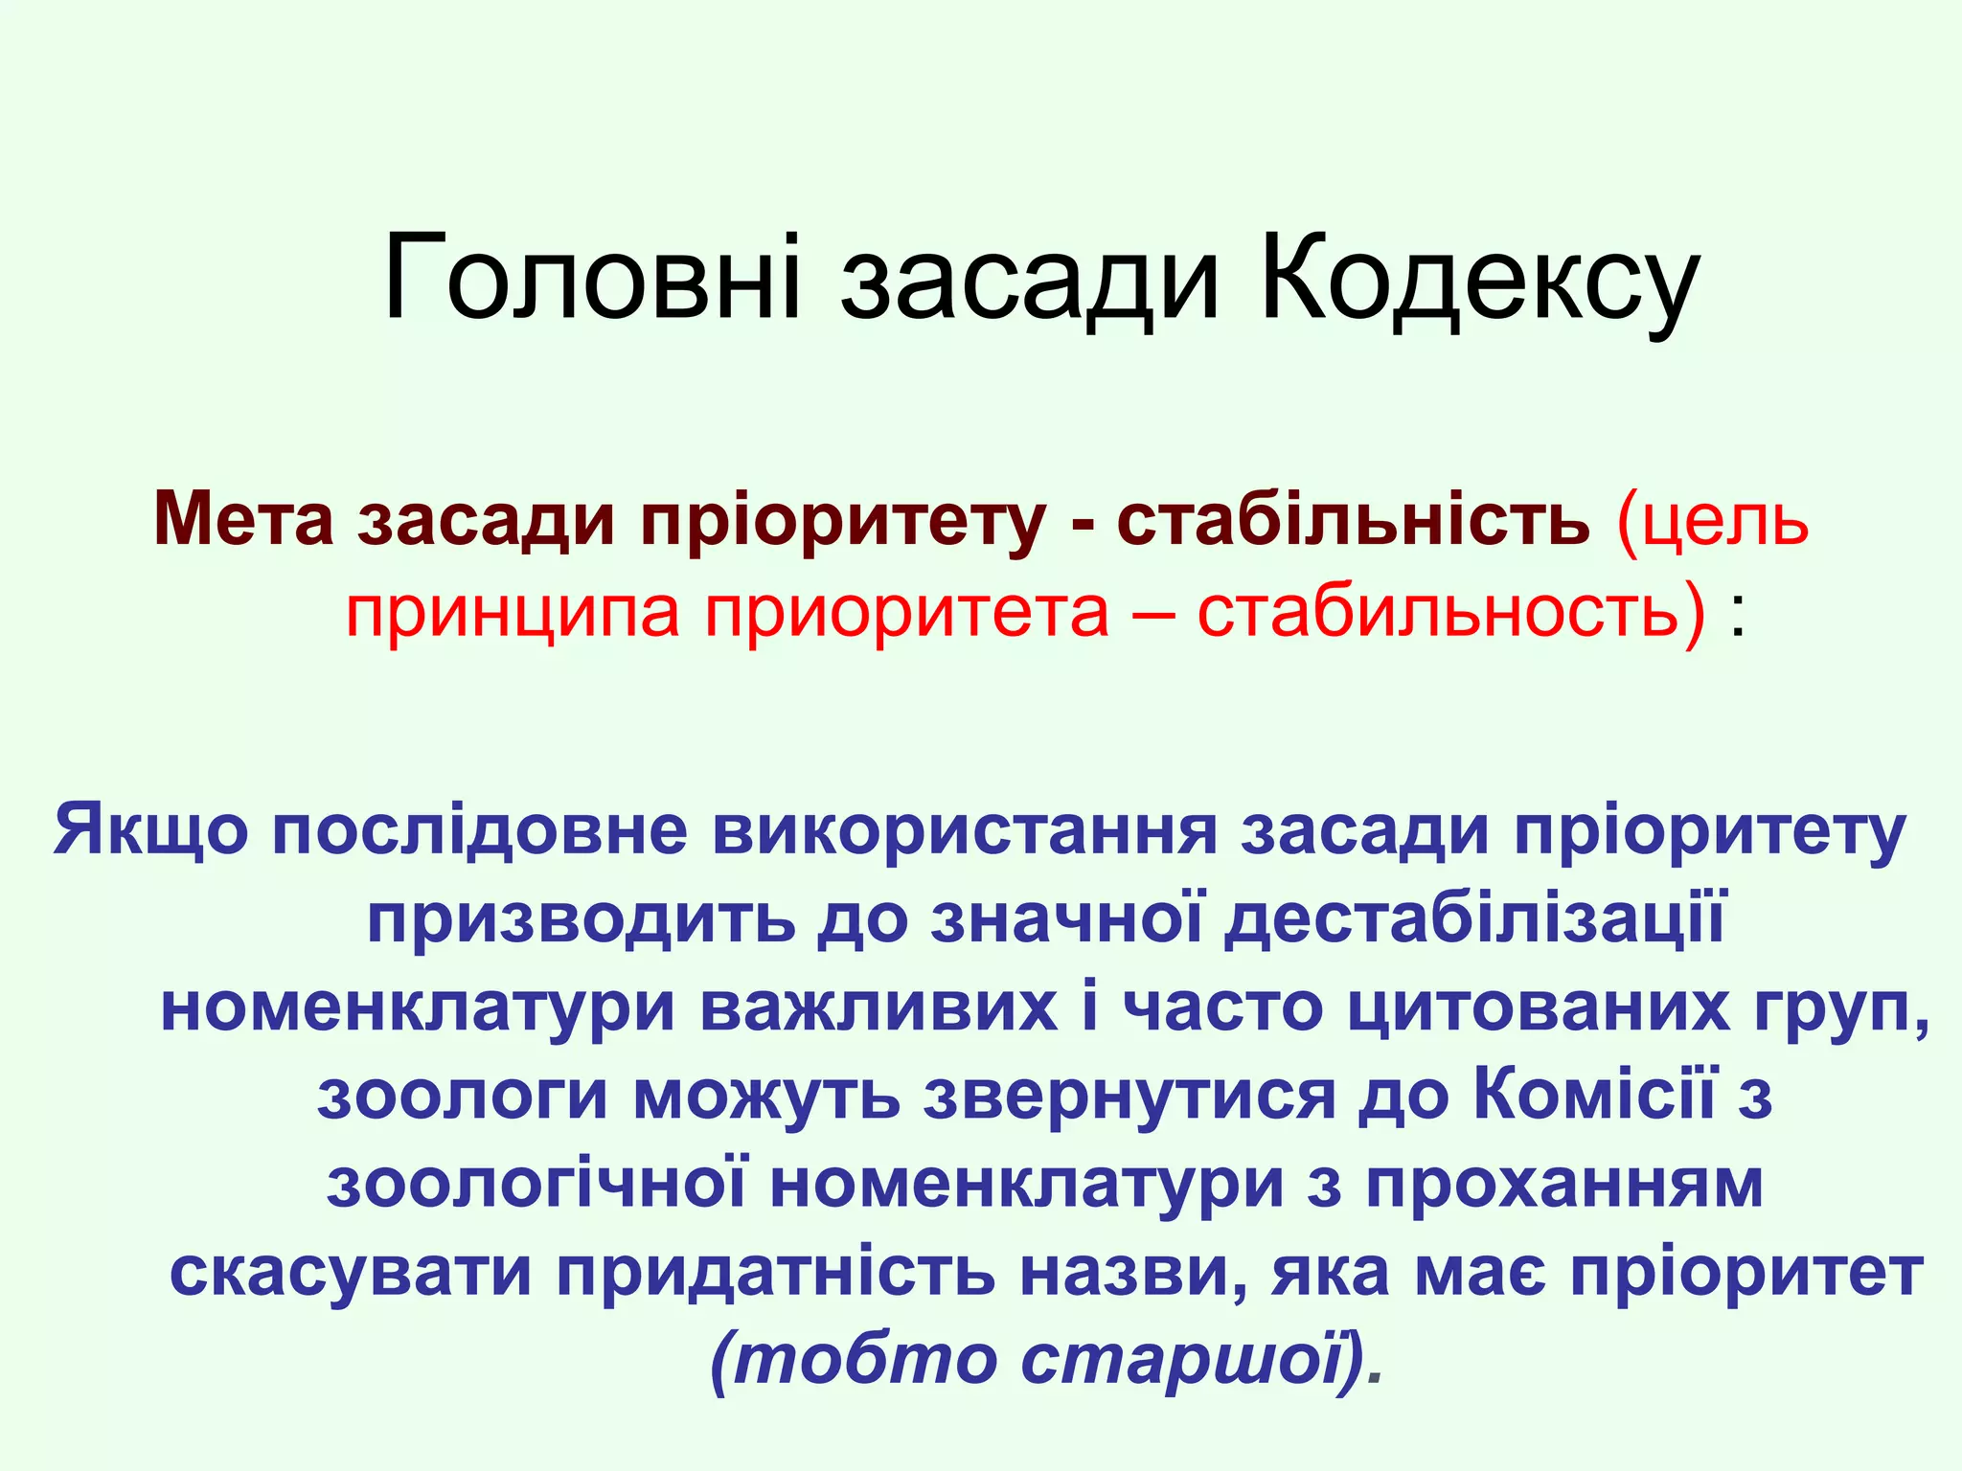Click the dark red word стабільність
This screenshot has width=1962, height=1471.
pos(1352,518)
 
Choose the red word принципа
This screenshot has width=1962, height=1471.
pos(513,613)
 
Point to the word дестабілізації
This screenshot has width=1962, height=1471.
pos(1475,917)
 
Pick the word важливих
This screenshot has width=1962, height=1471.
pos(879,1007)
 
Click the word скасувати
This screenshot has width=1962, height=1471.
pos(351,1274)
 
